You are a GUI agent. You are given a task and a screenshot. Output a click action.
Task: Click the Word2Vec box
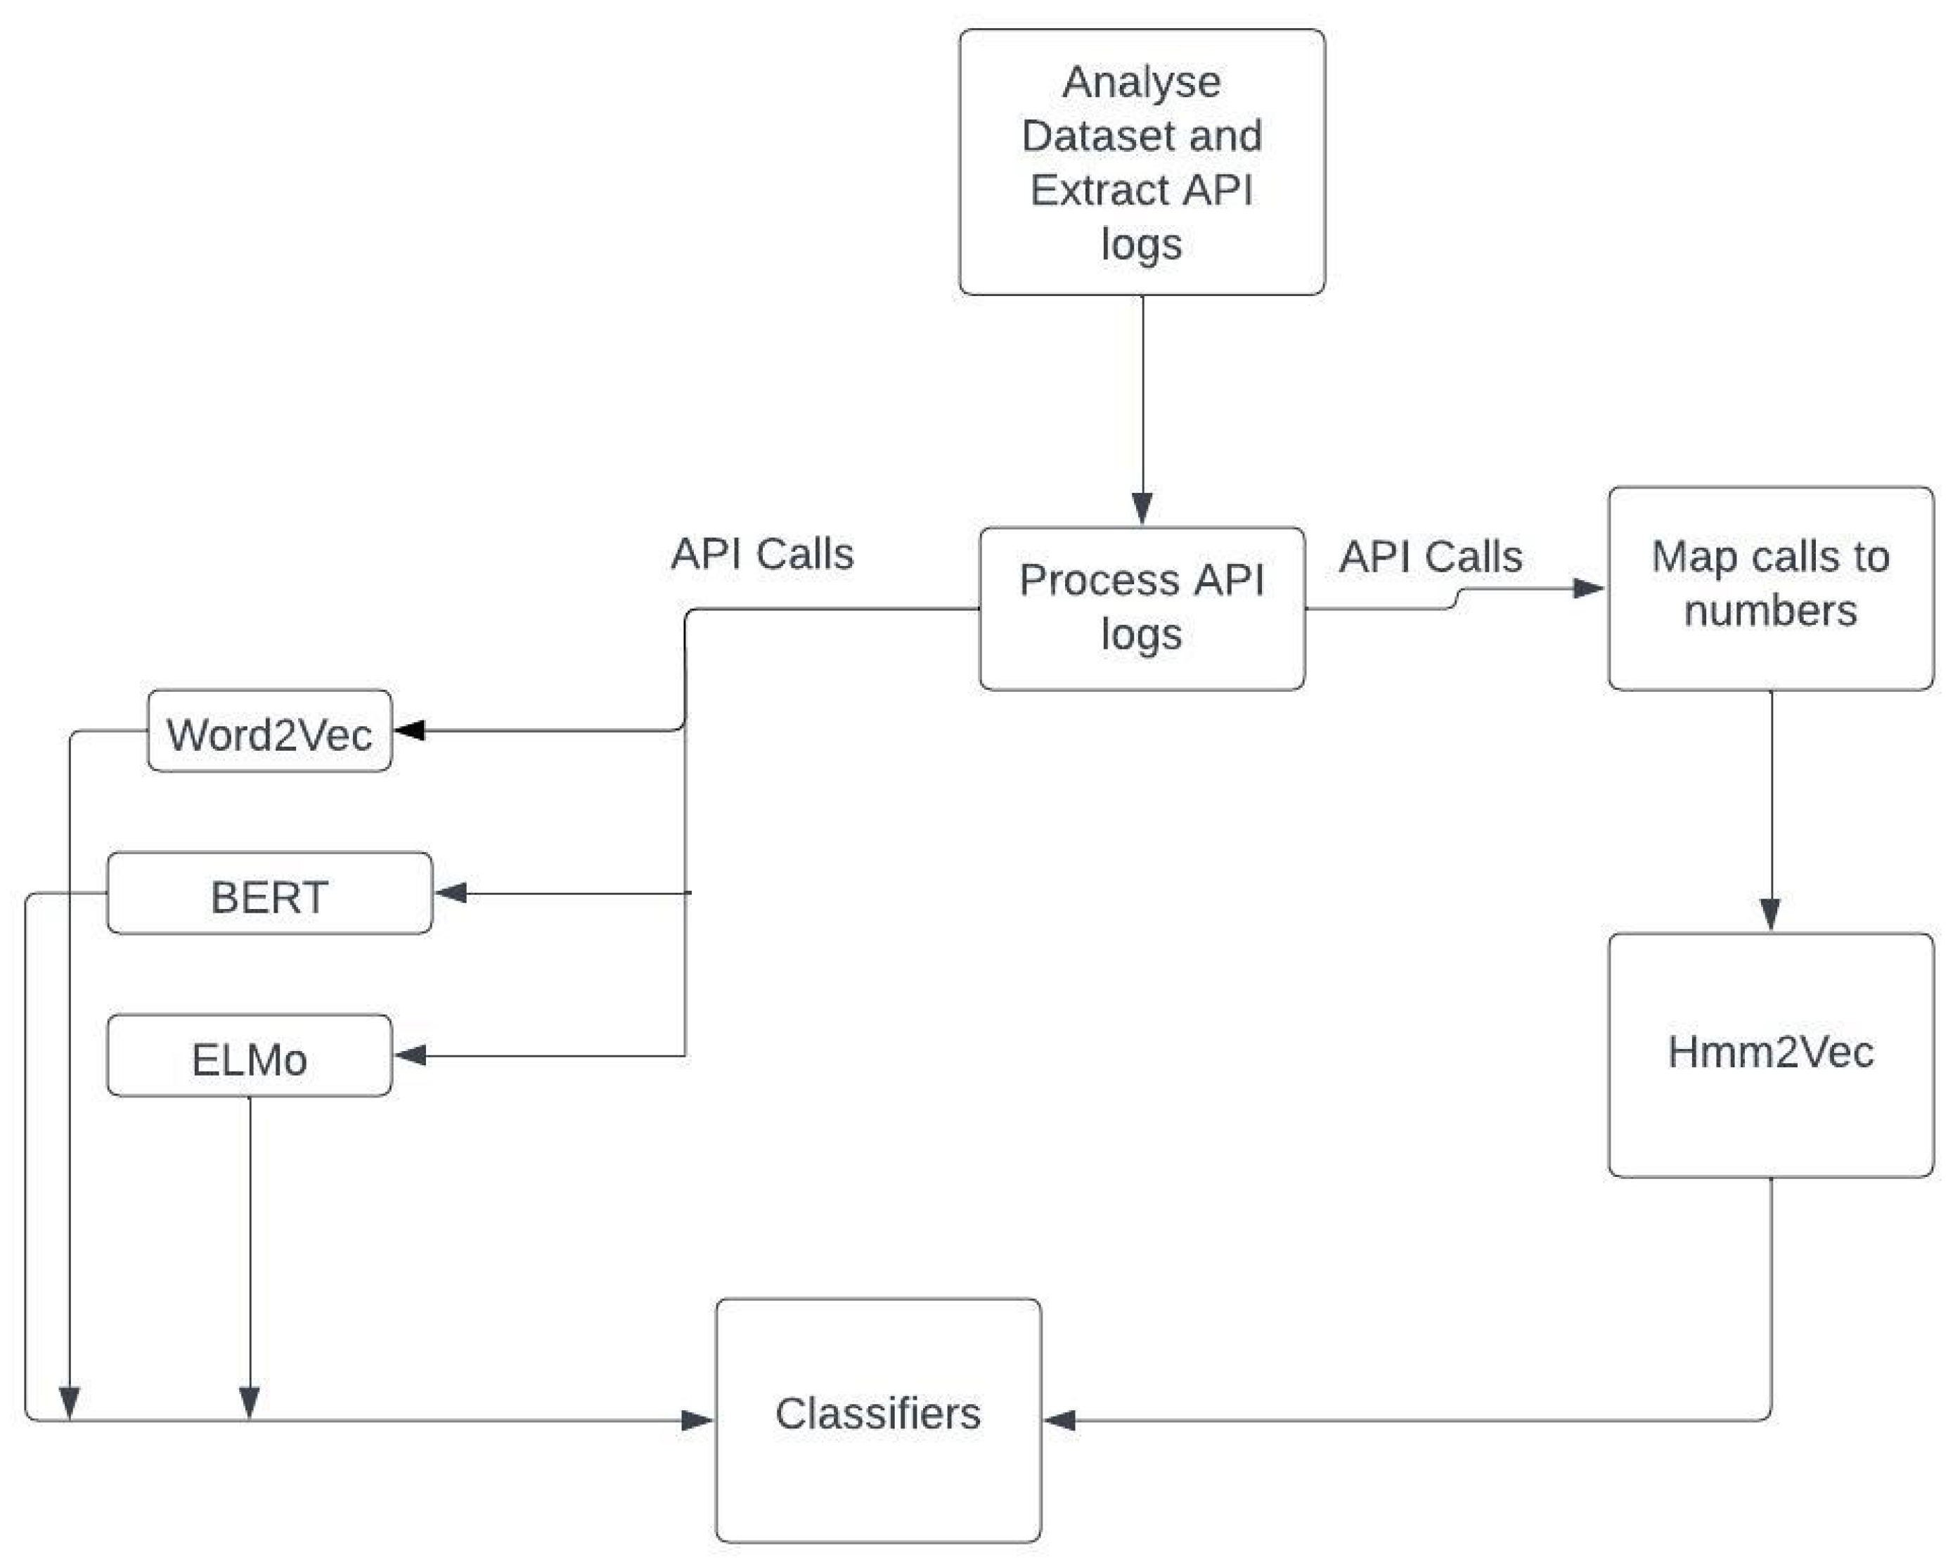tap(269, 732)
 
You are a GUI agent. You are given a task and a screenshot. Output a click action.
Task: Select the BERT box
tap(269, 895)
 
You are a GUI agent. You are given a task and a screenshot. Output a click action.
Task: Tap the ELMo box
tap(249, 1057)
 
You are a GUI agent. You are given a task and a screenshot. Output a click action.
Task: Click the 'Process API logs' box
tap(1141, 607)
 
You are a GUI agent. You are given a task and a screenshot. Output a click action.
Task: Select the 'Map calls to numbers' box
tap(1770, 586)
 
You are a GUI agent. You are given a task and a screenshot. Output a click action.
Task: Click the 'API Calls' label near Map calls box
tap(1430, 557)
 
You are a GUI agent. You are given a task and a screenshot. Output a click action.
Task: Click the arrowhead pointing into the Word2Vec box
tap(409, 730)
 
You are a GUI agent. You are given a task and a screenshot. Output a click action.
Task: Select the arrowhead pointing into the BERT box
tap(450, 893)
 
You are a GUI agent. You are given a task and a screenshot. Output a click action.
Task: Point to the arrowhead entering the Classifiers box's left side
tap(697, 1419)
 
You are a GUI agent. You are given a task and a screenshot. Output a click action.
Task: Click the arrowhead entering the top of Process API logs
tap(1142, 508)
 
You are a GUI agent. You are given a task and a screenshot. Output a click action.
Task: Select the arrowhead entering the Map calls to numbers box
tap(1588, 588)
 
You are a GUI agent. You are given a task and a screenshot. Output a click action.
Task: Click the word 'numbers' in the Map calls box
tap(1770, 611)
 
